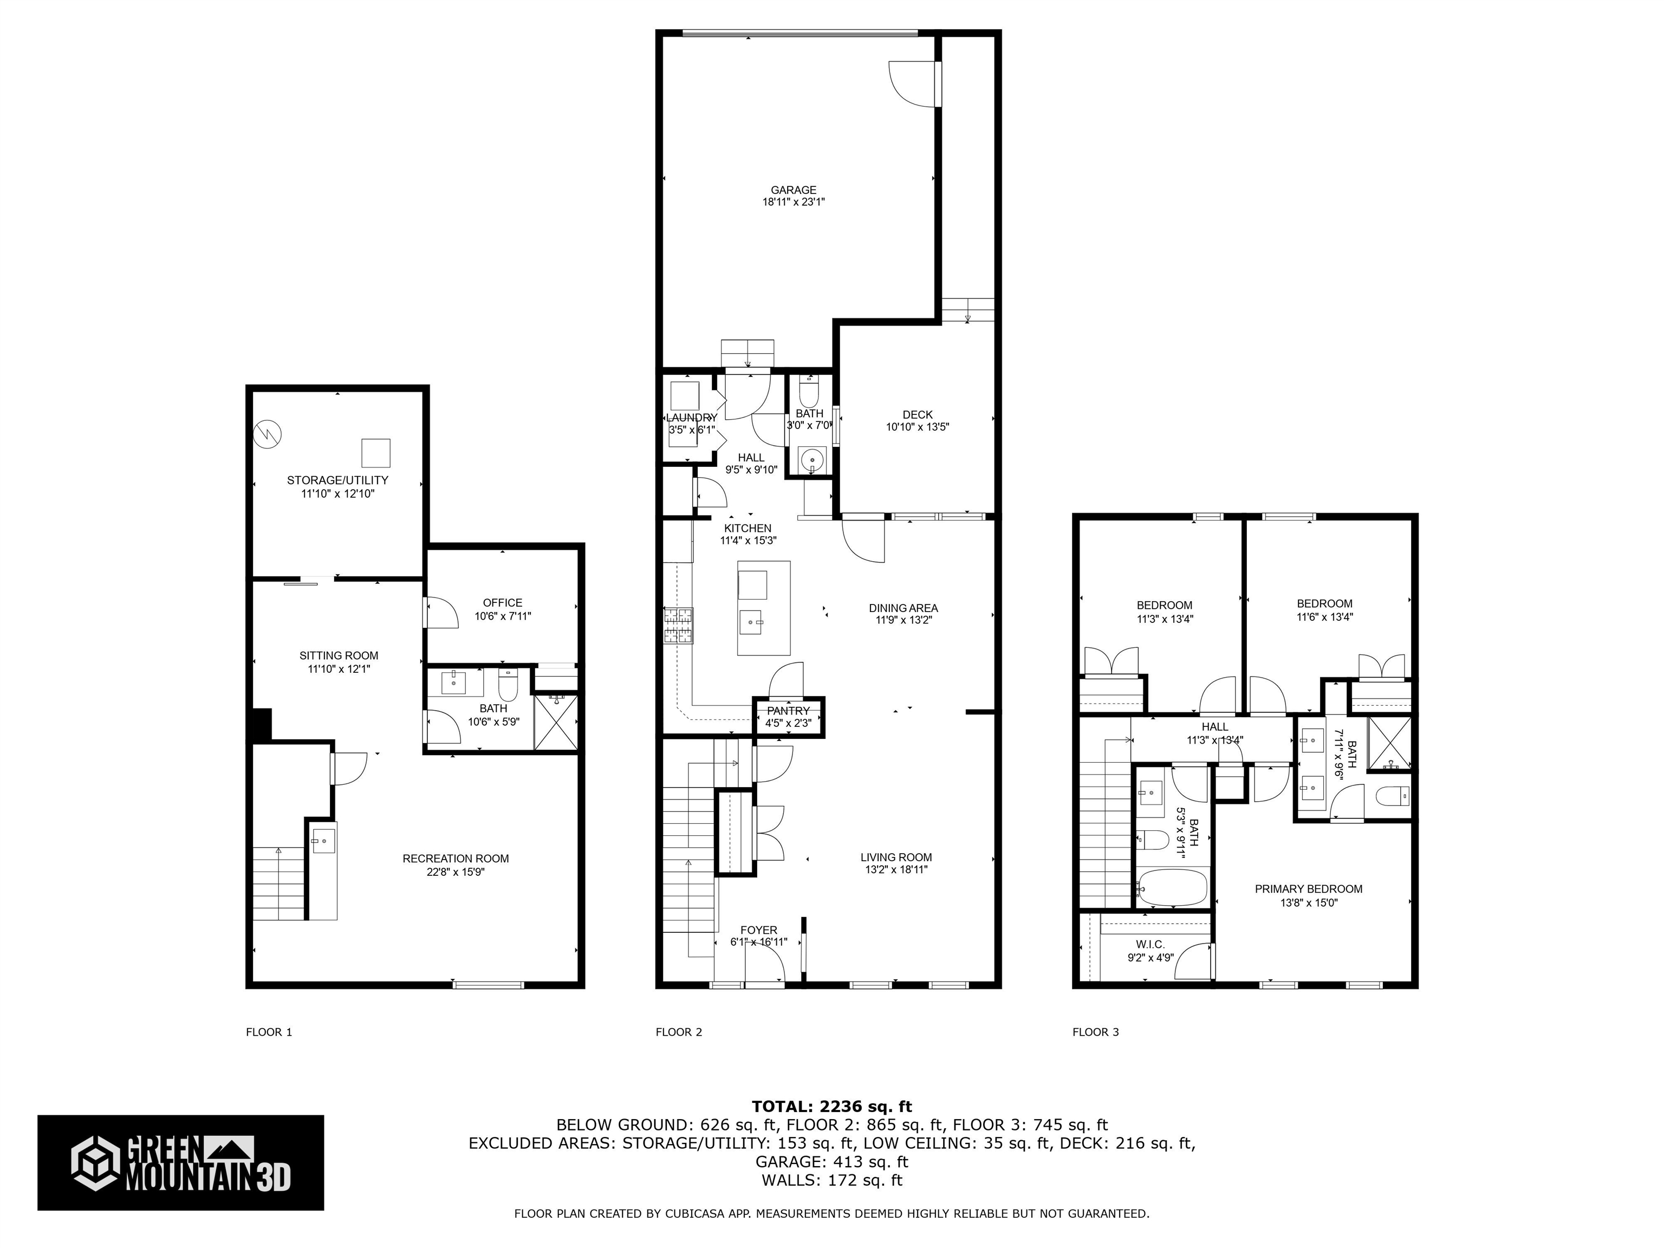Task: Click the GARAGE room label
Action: pos(793,190)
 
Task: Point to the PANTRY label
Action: pos(788,711)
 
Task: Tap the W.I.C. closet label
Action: pos(1150,945)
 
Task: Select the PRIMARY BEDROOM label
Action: pos(1308,889)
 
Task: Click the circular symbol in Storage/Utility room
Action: pos(267,433)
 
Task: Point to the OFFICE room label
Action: pos(503,602)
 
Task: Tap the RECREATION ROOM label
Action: pos(455,859)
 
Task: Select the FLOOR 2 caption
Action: pos(679,1032)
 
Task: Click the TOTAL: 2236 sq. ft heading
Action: pos(831,1107)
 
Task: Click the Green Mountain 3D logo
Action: pos(180,1163)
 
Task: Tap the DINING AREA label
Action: pos(903,608)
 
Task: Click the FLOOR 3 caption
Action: pos(1095,1032)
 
